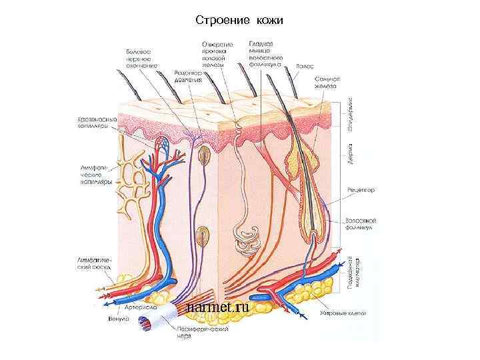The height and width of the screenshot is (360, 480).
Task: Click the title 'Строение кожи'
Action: pos(239,21)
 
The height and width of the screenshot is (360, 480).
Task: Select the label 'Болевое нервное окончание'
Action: pos(141,59)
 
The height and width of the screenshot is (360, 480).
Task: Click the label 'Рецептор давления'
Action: pos(189,75)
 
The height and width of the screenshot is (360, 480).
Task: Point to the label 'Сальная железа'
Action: pos(327,82)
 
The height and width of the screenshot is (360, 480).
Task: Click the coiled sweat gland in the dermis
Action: pos(245,240)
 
